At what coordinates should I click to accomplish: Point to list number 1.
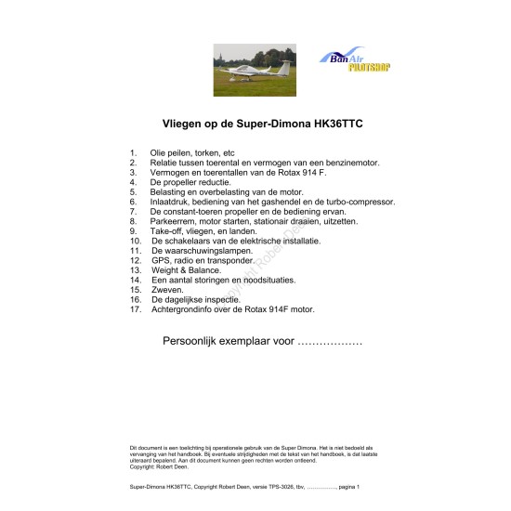point(133,152)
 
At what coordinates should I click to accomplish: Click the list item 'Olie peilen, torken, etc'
point(192,152)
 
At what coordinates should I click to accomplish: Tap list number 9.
point(133,231)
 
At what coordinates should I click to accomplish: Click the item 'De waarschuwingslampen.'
point(201,251)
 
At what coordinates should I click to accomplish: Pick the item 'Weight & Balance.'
point(186,270)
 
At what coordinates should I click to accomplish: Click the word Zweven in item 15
point(168,290)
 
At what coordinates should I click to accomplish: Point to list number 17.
point(135,309)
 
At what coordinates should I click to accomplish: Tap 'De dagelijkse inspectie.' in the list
point(195,300)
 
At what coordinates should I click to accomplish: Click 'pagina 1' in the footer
point(343,487)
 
